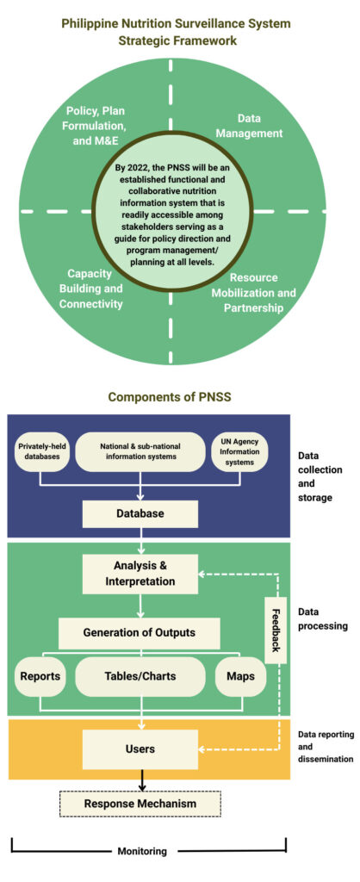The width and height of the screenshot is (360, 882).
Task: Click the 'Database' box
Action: pyautogui.click(x=141, y=513)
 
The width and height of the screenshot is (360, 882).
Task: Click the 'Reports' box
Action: pyautogui.click(x=40, y=676)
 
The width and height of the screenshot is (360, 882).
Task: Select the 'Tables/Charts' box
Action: pyautogui.click(x=140, y=676)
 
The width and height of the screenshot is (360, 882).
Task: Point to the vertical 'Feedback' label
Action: pyautogui.click(x=276, y=631)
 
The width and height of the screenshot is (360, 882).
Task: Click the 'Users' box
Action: pyautogui.click(x=140, y=748)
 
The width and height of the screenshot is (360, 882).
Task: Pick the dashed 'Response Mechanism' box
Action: pyautogui.click(x=140, y=804)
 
